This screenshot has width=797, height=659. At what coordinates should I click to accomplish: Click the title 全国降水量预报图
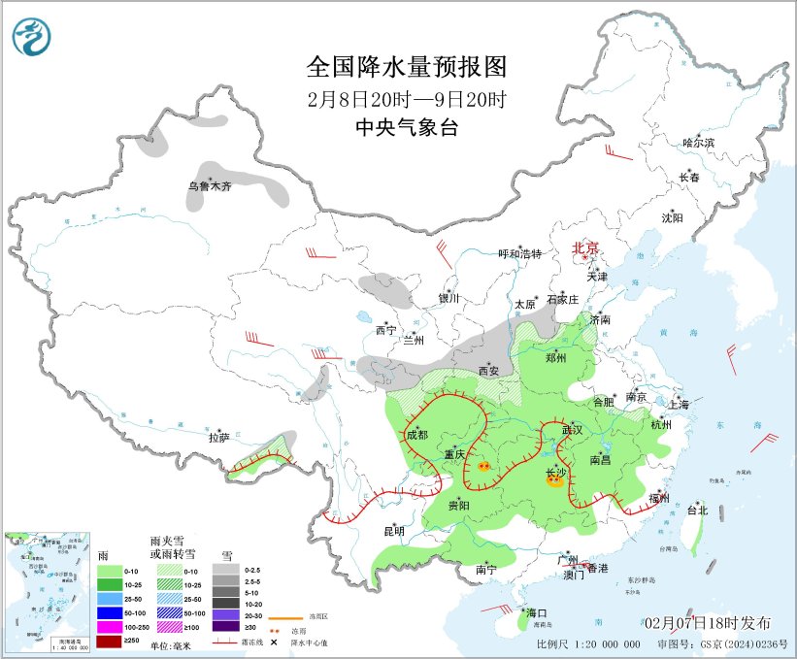407,67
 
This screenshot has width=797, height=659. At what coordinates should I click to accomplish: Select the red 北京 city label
586,247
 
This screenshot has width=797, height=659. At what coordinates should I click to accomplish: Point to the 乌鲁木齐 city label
210,185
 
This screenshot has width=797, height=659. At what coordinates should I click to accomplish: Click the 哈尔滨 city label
697,143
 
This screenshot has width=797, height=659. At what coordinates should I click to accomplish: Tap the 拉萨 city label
217,438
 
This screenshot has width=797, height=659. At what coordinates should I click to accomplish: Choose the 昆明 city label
393,531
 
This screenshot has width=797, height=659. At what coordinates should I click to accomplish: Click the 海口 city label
537,613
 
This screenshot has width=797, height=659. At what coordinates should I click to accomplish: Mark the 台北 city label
697,510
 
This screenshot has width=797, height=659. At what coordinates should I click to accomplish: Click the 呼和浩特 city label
519,253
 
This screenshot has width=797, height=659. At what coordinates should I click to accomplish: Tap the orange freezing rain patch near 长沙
553,481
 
